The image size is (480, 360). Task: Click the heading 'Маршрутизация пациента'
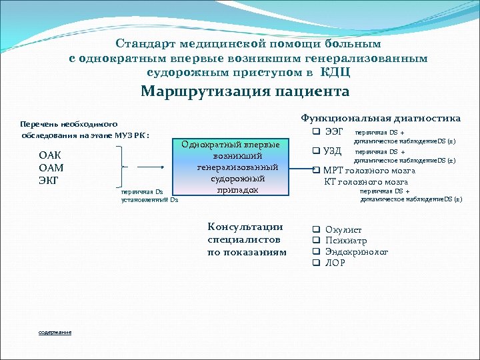coord(245,92)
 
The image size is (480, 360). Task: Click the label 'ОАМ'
coord(51,168)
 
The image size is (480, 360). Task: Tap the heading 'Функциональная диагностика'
coord(381,118)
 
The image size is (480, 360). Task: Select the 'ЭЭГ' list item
coord(334,133)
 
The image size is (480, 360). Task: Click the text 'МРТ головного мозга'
coord(369,171)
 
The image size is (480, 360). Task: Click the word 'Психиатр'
coord(346,241)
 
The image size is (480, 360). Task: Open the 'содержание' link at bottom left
coord(55,332)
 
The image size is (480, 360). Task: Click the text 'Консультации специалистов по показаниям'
coord(246,239)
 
